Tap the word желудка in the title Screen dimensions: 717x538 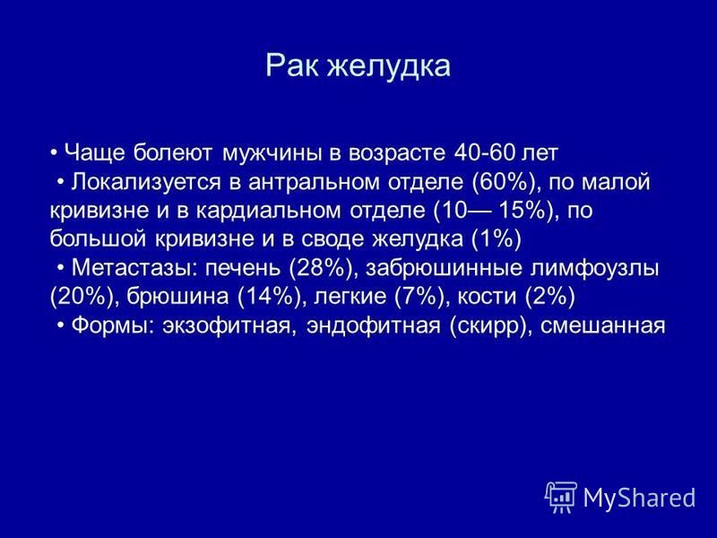coord(388,66)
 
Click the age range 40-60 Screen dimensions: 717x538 coord(484,152)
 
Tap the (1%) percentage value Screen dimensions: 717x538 coord(497,239)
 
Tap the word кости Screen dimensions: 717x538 coord(488,298)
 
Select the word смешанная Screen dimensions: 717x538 coord(602,326)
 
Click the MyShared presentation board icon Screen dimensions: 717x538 coord(562,497)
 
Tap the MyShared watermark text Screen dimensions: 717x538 coord(639,499)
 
